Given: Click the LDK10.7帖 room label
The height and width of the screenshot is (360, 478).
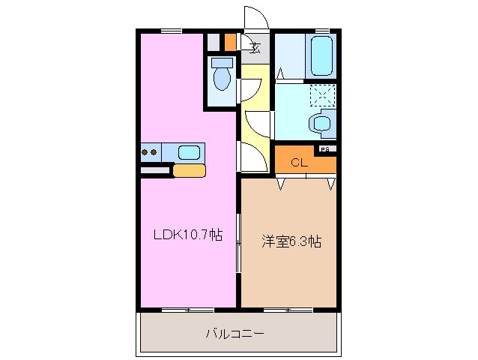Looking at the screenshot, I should point(187,235).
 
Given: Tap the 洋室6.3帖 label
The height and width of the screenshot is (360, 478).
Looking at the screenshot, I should point(291,241).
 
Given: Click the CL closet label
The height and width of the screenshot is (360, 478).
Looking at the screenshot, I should point(298,162).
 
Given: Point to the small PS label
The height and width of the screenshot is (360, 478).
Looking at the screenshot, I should point(325,149).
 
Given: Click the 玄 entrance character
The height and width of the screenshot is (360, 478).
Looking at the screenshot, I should point(255,49).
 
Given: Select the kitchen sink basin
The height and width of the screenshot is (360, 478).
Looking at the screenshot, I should point(189,153).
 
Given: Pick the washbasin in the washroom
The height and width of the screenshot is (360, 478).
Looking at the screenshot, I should point(323,123).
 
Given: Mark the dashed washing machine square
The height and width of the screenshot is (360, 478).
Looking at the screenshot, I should point(324,94).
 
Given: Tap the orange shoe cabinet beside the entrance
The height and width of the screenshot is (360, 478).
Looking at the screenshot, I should point(230,42).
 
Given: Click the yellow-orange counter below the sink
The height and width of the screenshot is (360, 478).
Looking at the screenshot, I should point(189,171).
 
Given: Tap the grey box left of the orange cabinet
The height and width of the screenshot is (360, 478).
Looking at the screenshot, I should point(214,42).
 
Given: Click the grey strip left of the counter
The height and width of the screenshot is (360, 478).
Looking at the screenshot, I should point(155,171).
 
